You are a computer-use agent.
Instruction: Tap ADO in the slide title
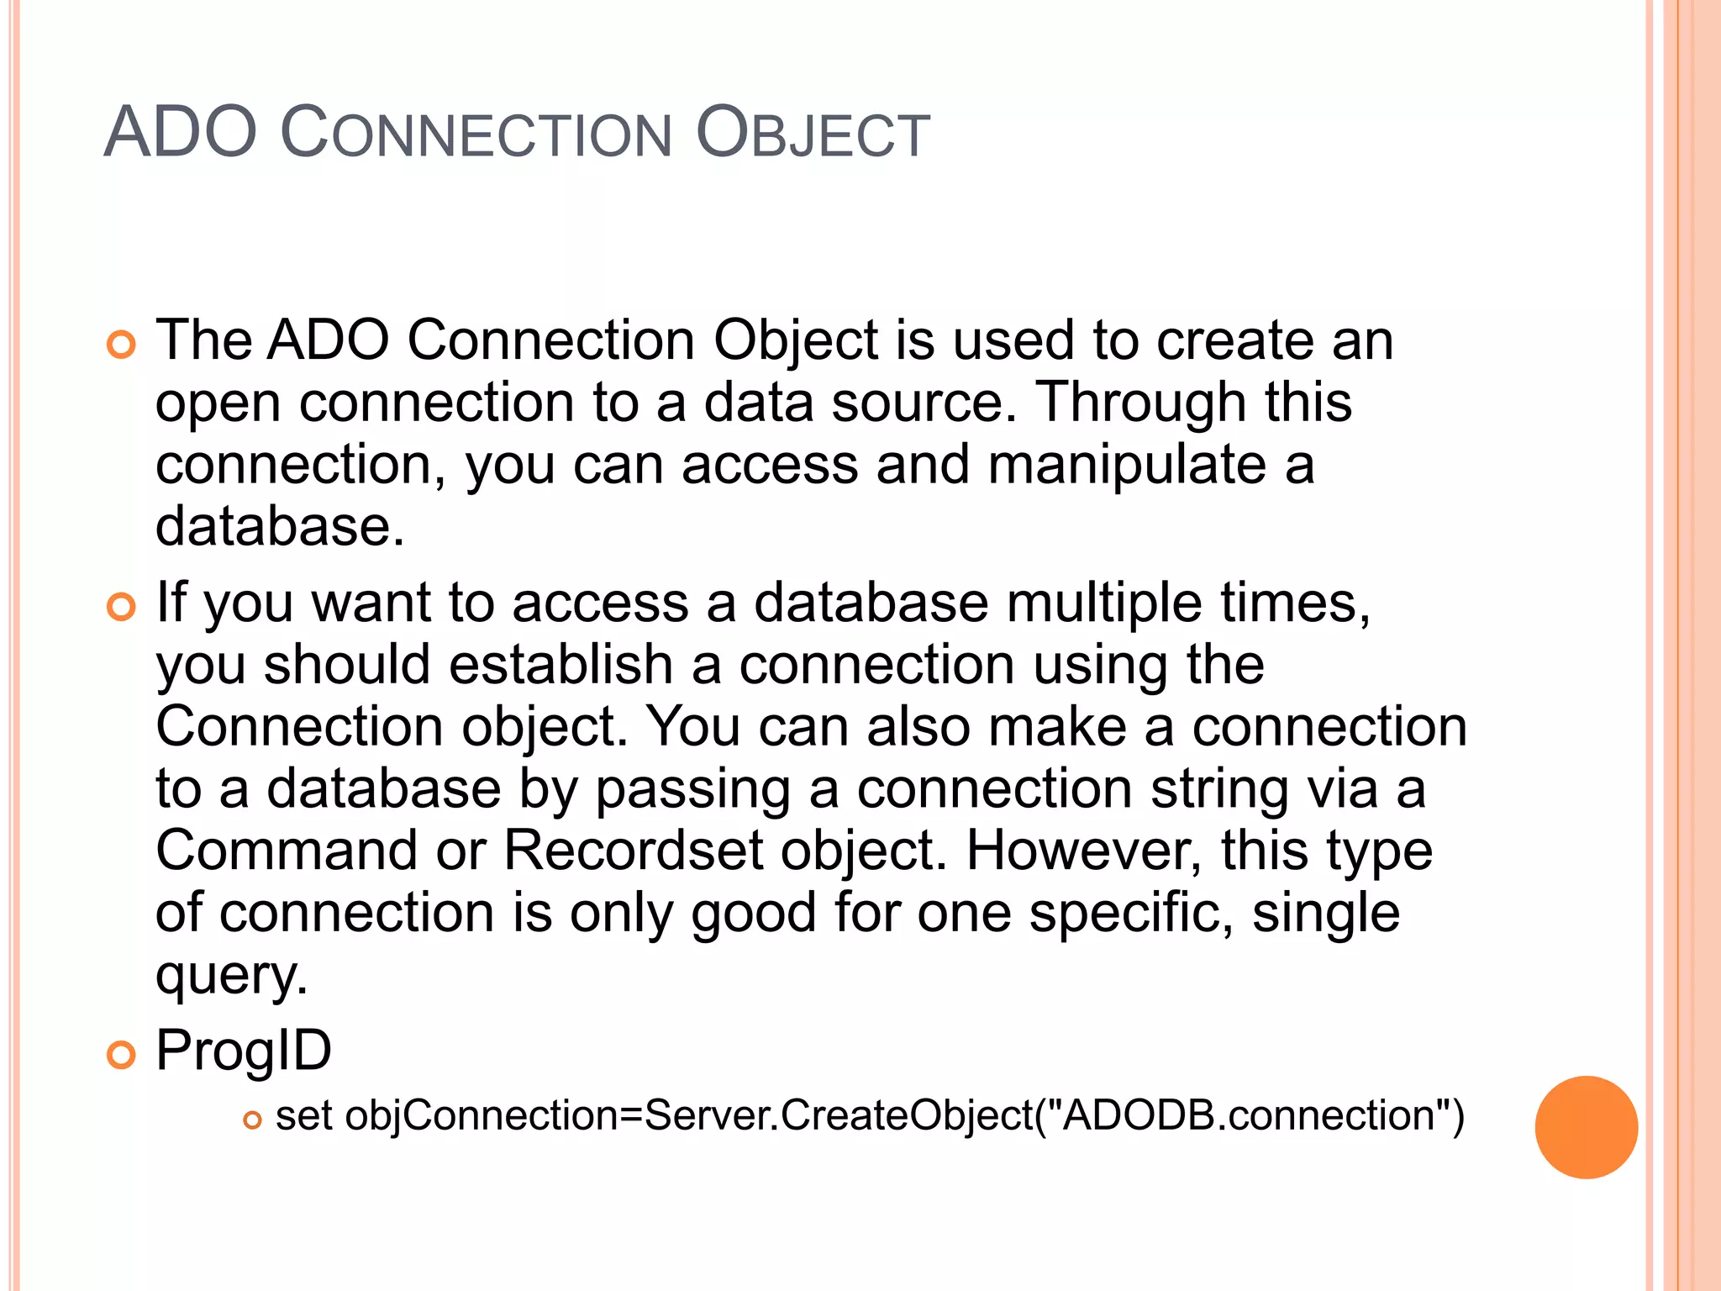coord(180,133)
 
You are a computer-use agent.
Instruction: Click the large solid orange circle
coord(1586,1127)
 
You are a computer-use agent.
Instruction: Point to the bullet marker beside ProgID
coord(121,1055)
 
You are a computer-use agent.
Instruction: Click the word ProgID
coord(244,1051)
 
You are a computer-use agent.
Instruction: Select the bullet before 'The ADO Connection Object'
coord(121,345)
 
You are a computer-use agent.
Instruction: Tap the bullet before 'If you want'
coord(121,607)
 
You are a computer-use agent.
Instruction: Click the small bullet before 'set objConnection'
coord(252,1120)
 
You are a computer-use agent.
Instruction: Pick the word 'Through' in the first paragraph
coord(1140,403)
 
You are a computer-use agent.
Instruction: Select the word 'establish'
coord(561,665)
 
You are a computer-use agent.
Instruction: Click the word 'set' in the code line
coord(303,1116)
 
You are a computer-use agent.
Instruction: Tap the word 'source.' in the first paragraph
coord(924,403)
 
